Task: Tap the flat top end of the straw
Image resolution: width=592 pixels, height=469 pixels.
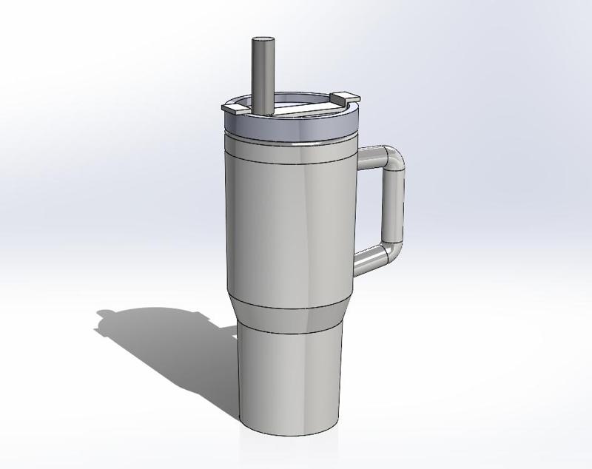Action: [261, 40]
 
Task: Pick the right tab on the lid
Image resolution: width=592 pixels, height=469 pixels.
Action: [343, 97]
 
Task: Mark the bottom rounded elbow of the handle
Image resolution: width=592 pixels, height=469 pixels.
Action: [391, 250]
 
